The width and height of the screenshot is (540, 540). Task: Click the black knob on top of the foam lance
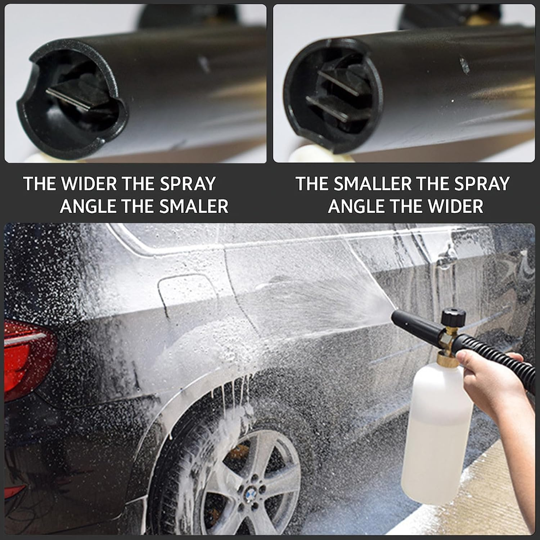(454, 317)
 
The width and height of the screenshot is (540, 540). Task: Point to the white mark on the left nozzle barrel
(204, 64)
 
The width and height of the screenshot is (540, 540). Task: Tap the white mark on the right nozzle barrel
(464, 65)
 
